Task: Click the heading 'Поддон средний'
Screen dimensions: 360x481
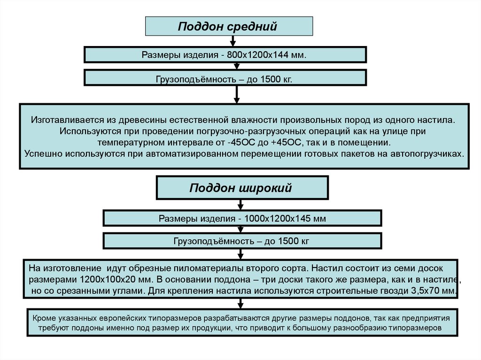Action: point(228,26)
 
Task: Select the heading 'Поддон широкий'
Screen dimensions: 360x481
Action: point(240,188)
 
